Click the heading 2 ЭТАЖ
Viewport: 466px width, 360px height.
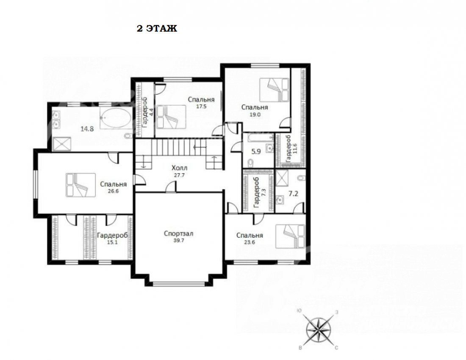[x=157, y=28]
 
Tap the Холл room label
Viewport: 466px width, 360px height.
[x=180, y=168]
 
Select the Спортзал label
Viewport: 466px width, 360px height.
[x=179, y=234]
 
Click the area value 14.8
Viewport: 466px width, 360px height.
[x=87, y=129]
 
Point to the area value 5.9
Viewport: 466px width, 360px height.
[x=256, y=152]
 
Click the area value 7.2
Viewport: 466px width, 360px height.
[x=293, y=194]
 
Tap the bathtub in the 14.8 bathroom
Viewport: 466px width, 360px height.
[x=116, y=118]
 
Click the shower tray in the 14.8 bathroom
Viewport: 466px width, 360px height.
[x=62, y=144]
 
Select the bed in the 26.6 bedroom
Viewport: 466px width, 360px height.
[x=81, y=185]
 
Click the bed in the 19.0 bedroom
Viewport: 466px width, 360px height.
[x=275, y=90]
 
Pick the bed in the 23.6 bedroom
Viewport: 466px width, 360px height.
[x=290, y=236]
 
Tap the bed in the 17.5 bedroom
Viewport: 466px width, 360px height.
[x=171, y=117]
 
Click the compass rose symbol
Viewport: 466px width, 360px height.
[x=318, y=330]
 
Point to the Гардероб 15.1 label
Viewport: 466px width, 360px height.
[x=112, y=238]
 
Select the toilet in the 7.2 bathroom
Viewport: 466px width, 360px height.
[x=301, y=178]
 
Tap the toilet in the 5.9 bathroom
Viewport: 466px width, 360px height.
[x=250, y=163]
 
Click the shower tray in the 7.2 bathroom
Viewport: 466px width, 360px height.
[x=282, y=178]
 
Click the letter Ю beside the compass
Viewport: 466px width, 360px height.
[x=300, y=311]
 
